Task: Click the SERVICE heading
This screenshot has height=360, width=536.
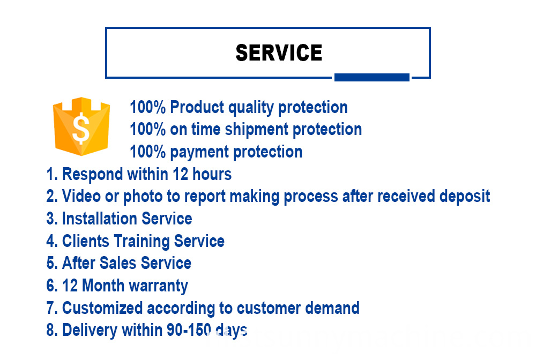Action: (x=279, y=52)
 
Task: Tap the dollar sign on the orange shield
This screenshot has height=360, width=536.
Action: (x=81, y=128)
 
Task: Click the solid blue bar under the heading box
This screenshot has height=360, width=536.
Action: (x=371, y=77)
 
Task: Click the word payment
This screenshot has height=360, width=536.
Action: (x=199, y=152)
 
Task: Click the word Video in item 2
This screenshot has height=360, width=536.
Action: (x=81, y=197)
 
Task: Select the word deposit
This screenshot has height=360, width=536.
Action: (x=465, y=197)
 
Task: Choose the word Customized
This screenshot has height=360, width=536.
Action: (x=102, y=308)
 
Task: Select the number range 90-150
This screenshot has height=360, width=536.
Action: (x=189, y=330)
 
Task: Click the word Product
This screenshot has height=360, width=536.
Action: (x=197, y=107)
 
